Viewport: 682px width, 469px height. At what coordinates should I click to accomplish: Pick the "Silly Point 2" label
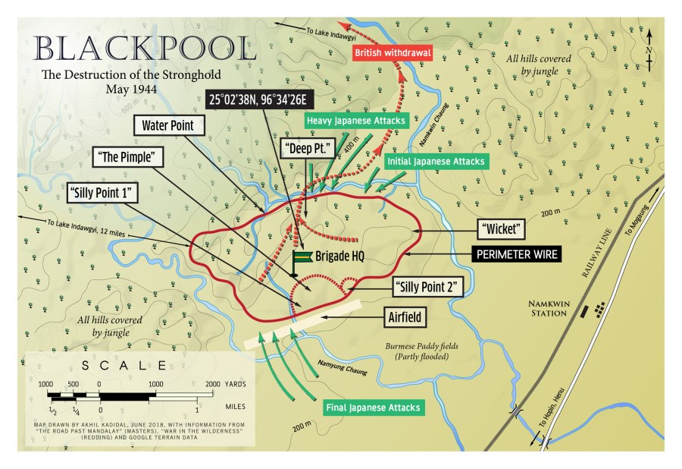pos(428,287)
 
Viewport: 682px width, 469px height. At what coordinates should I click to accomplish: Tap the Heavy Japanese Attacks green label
pos(357,120)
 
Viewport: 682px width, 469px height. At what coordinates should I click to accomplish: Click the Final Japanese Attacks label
pos(372,408)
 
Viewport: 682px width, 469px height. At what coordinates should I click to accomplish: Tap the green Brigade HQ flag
pos(302,258)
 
